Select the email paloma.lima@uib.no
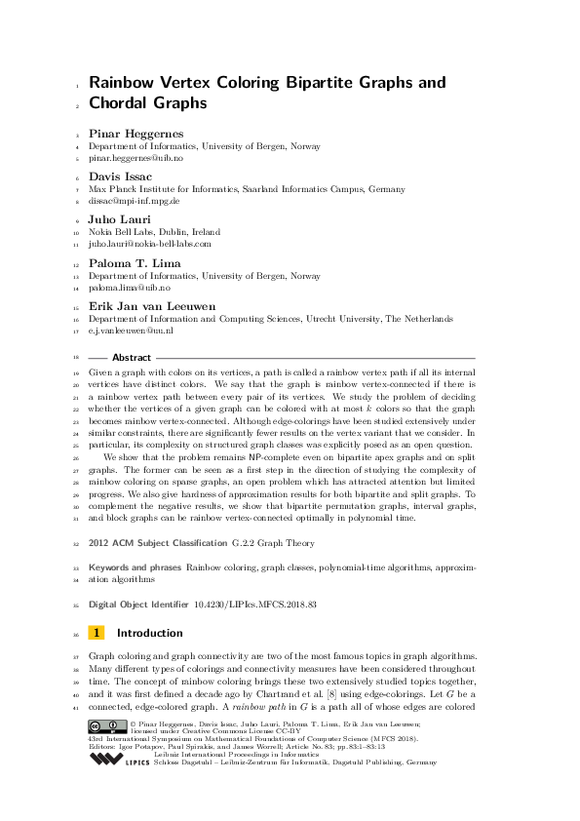pyautogui.click(x=130, y=288)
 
